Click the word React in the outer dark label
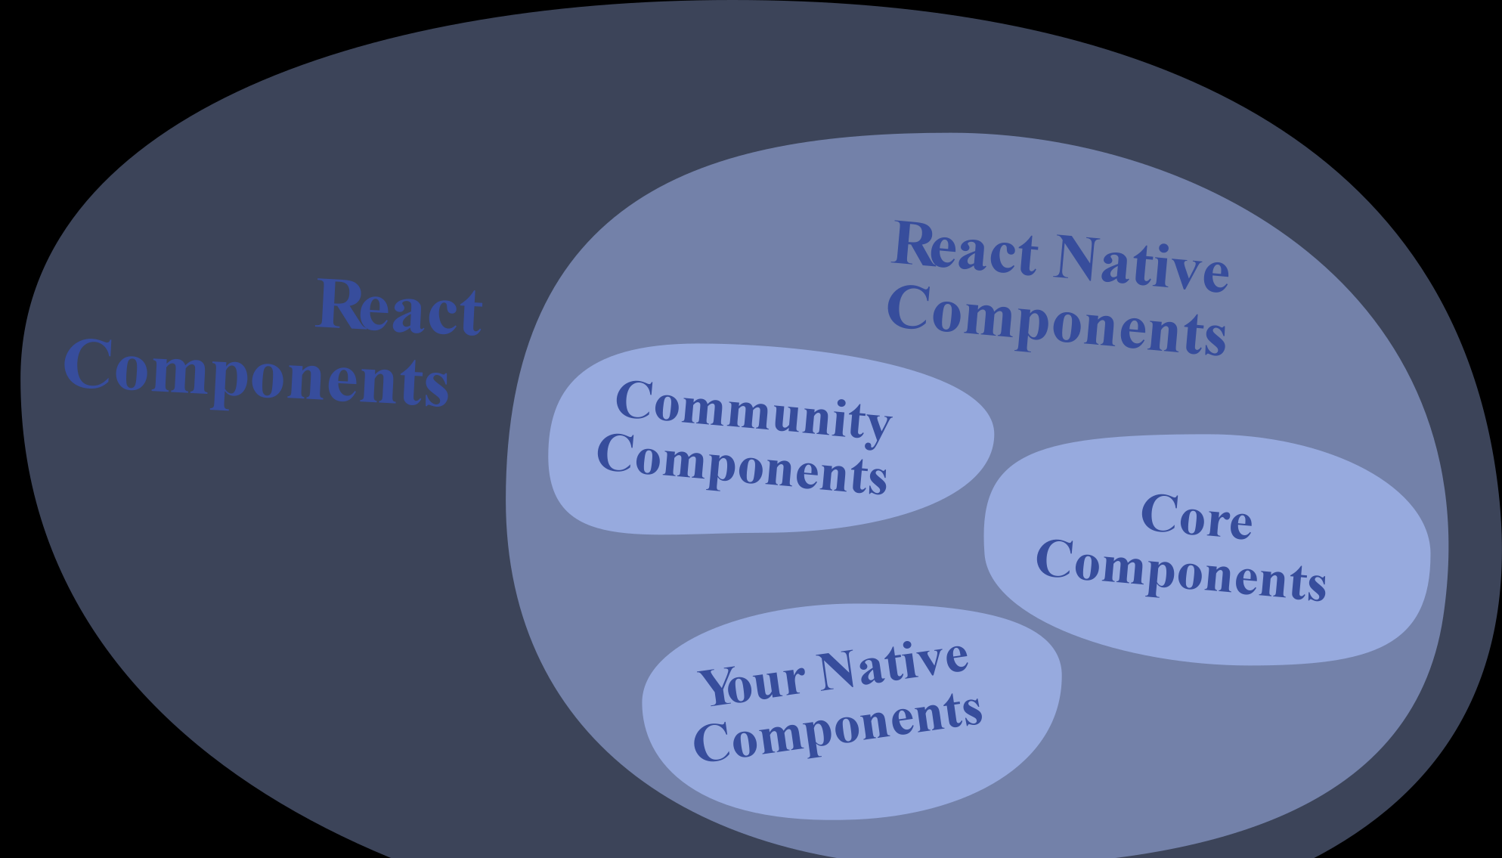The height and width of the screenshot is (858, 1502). tap(399, 307)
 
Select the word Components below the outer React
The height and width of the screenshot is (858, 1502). tap(257, 373)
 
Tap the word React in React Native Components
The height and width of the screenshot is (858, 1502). tap(965, 247)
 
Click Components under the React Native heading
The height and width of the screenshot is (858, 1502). tap(1057, 319)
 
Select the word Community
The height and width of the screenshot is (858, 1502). tap(754, 412)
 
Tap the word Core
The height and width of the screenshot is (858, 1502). tap(1197, 516)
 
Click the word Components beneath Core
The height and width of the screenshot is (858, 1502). tap(1181, 570)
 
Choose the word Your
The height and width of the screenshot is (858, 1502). tap(752, 683)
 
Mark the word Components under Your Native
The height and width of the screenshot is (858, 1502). tap(838, 727)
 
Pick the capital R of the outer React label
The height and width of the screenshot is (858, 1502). tap(342, 304)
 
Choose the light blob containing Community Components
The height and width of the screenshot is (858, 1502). tap(771, 439)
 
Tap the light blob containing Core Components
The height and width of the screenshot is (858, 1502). tap(1207, 550)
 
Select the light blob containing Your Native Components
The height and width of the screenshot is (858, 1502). tap(852, 711)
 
